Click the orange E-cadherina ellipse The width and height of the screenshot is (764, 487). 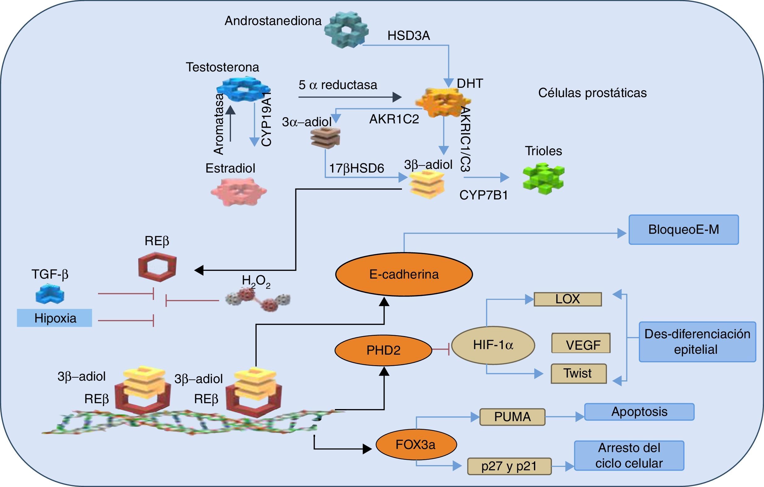coord(404,275)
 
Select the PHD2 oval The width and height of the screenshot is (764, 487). coord(383,350)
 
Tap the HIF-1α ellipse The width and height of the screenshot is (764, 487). coord(493,345)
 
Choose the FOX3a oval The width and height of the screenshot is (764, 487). coord(416,445)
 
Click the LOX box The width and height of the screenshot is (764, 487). coord(568,299)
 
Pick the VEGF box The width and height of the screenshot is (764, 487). coord(581,343)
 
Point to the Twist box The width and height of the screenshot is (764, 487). coord(578,374)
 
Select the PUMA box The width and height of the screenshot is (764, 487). coord(512,417)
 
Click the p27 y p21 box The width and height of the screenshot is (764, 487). coord(509,466)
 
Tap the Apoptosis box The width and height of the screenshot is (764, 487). coord(639,412)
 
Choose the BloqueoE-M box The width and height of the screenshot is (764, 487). coord(683,230)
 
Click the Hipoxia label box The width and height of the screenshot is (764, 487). coord(54,318)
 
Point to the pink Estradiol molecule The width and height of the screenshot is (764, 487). coord(239,191)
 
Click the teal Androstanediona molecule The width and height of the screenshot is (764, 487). coord(346,30)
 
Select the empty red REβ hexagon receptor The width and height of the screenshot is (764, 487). coord(157,267)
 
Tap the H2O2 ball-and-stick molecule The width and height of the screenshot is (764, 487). coord(258,300)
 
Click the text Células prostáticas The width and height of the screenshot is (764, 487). coord(592,93)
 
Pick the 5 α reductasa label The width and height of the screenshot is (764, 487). coord(338,85)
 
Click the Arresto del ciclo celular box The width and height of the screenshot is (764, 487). coord(629,455)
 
